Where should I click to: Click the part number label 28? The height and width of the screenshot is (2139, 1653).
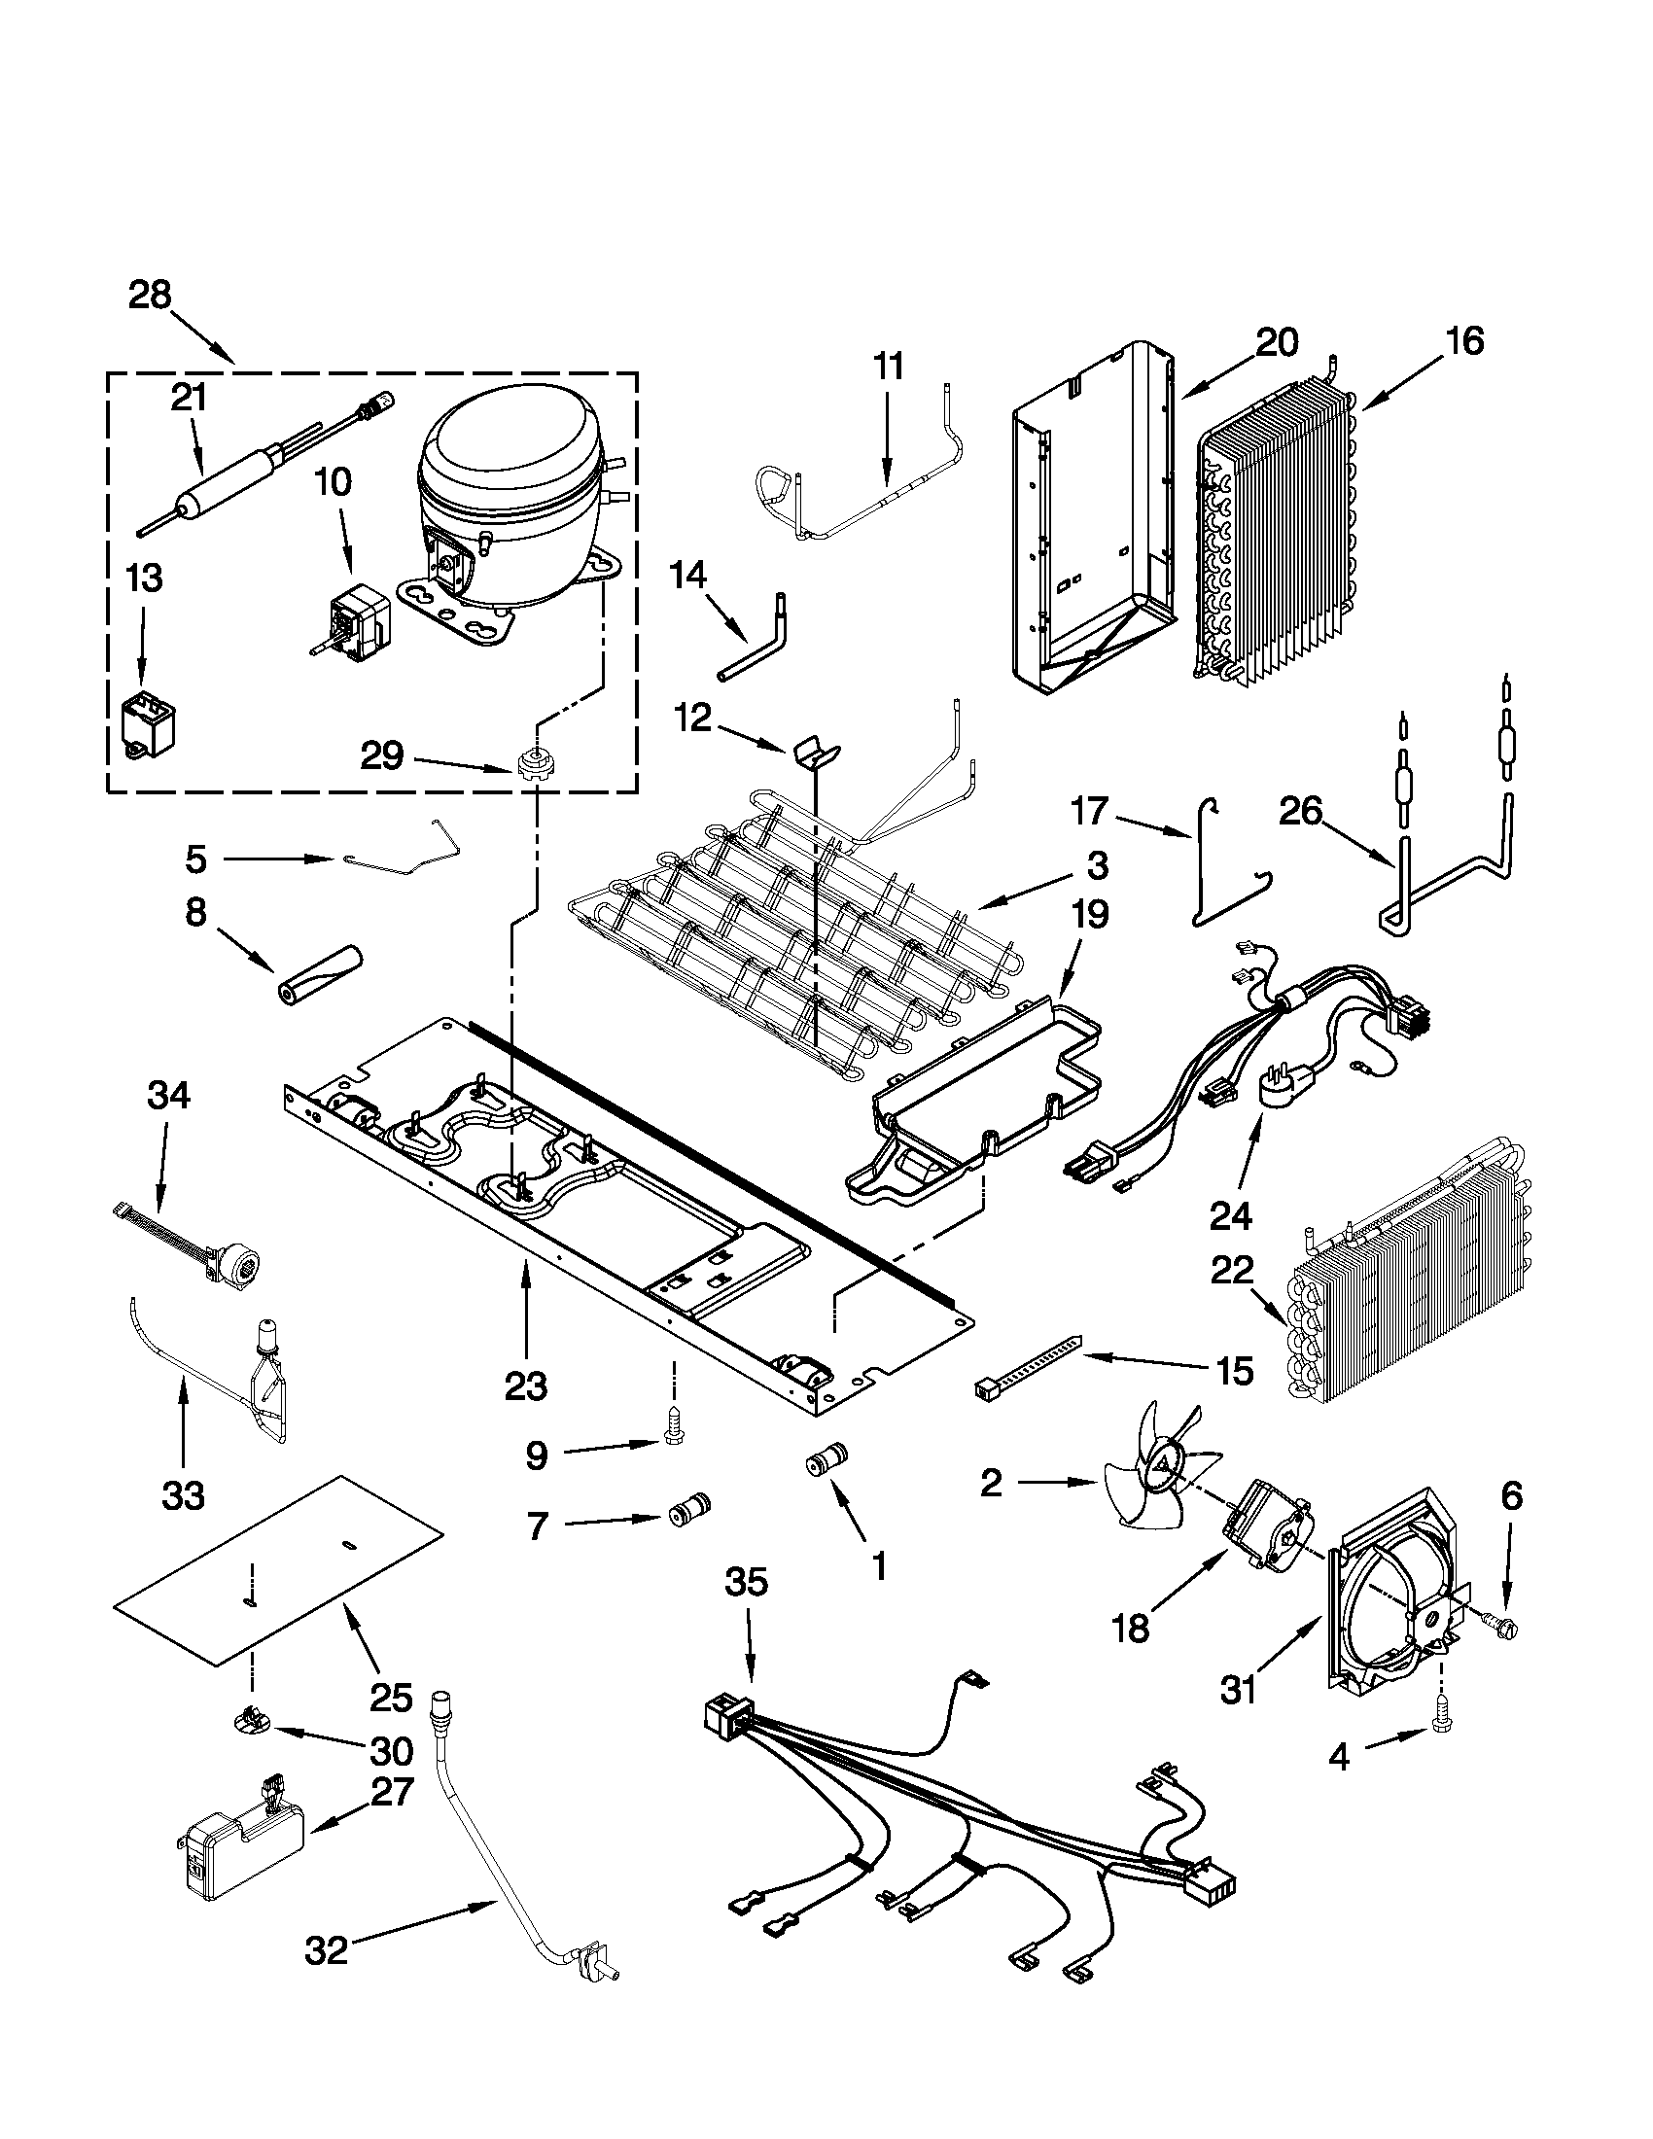150,295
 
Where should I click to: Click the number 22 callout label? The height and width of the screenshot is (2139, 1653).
1231,1272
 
